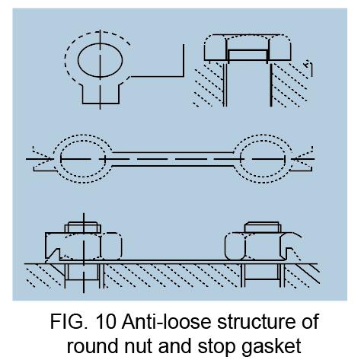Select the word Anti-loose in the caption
pyautogui.click(x=166, y=321)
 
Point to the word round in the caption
pyautogui.click(x=92, y=346)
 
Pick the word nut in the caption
pyautogui.click(x=138, y=346)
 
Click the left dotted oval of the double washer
pyautogui.click(x=54, y=158)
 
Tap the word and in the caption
pyautogui.click(x=175, y=346)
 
